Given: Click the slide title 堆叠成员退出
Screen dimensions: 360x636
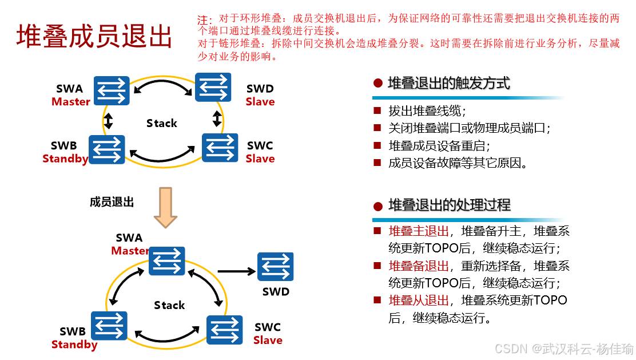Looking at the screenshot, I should [x=94, y=37].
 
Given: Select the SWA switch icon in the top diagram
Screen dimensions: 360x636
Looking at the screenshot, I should [x=112, y=91].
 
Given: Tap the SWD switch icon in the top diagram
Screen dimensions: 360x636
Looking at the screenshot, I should [x=213, y=87].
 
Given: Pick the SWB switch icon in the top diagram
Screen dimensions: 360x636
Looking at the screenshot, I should [x=107, y=149].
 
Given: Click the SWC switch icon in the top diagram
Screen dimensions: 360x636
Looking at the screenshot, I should [x=220, y=148].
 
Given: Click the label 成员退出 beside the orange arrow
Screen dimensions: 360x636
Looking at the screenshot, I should [x=112, y=201].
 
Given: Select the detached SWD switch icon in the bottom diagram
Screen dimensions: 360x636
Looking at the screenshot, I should [x=275, y=267].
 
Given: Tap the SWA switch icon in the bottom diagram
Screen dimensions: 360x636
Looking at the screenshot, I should [x=167, y=261].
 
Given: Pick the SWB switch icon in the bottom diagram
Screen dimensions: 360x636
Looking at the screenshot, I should [x=109, y=326].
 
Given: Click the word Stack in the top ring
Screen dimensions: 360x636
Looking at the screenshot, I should [x=162, y=123].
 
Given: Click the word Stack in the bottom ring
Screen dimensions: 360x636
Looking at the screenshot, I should [x=169, y=305].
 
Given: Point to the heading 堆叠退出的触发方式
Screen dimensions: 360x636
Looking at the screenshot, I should [x=448, y=83].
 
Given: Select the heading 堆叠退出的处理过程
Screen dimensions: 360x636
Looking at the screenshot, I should [x=449, y=205].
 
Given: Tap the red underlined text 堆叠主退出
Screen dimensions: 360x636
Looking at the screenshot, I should [x=419, y=231].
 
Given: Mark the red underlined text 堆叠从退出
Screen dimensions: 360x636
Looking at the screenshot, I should [x=419, y=300].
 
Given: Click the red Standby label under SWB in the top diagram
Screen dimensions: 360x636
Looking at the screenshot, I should [x=65, y=159].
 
